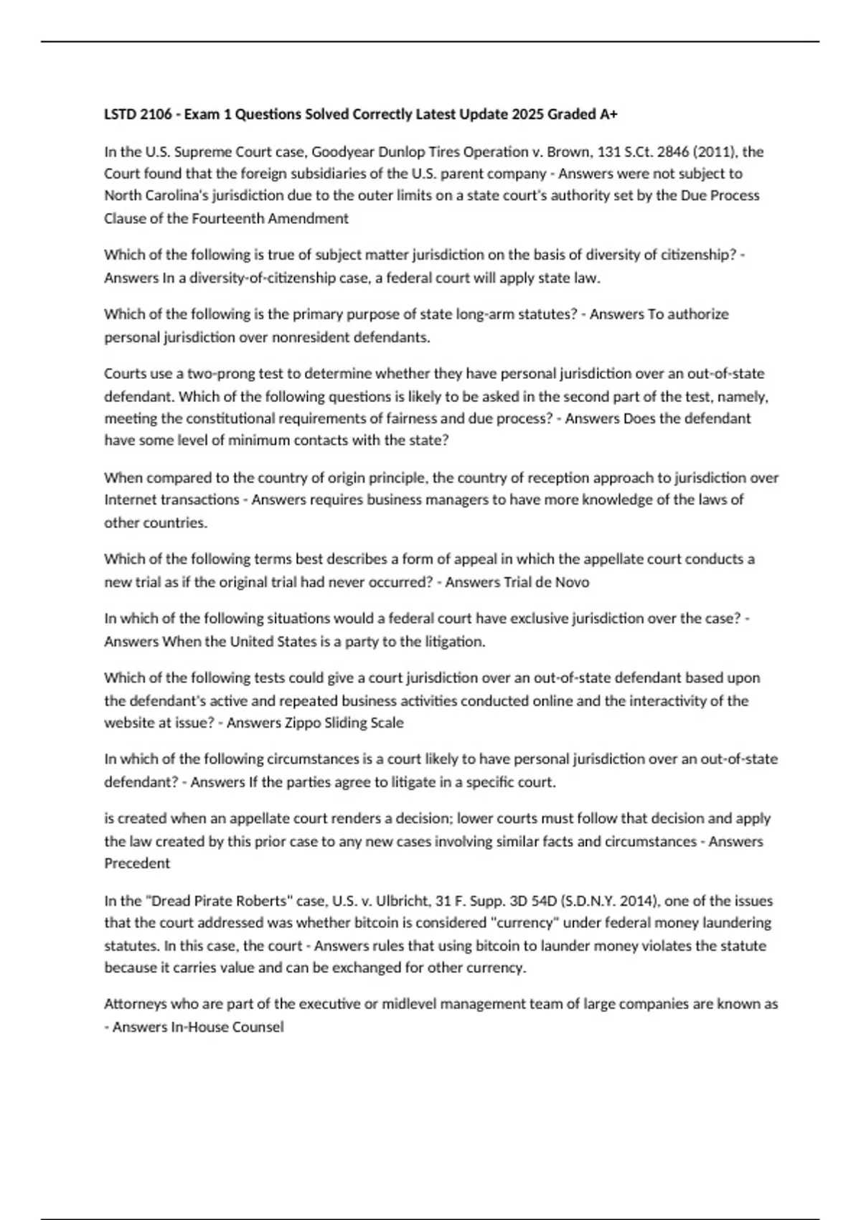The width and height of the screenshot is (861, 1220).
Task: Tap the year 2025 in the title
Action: (526, 114)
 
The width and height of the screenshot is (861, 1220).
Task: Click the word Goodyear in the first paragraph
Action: (340, 151)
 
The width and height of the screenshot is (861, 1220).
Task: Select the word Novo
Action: (572, 582)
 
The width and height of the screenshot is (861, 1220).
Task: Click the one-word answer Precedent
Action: (137, 863)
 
